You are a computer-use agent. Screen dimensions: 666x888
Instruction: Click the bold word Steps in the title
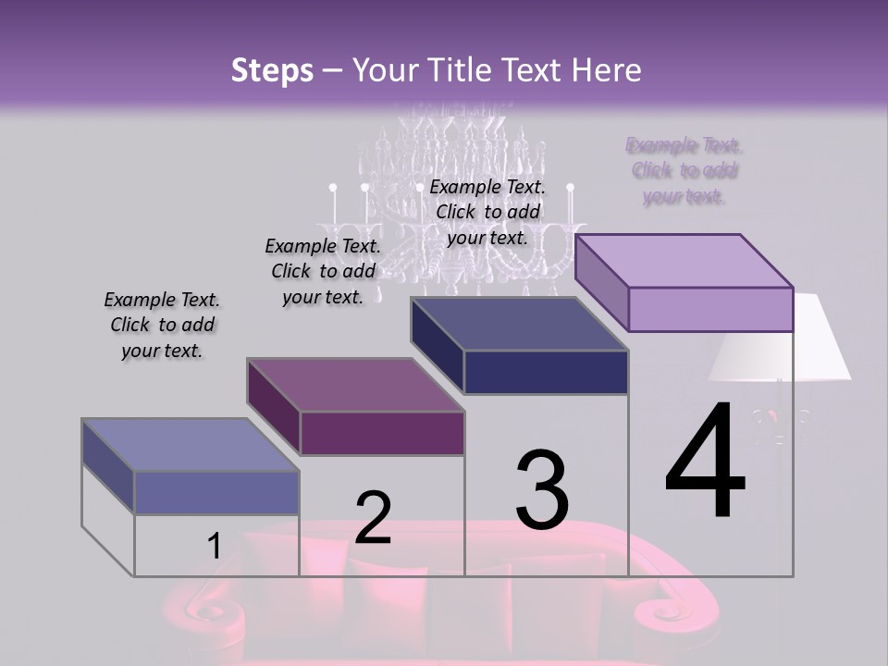click(x=272, y=70)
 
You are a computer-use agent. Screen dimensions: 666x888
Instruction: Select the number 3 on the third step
click(x=542, y=490)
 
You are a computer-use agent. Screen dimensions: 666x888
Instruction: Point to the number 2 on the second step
click(x=373, y=518)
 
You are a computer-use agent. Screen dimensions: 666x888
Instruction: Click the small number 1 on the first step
click(x=214, y=546)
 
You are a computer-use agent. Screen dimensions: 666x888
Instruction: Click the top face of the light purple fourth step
click(x=684, y=260)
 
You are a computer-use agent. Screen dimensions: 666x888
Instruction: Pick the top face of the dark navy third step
click(x=520, y=324)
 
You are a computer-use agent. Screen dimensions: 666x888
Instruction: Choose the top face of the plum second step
click(x=355, y=385)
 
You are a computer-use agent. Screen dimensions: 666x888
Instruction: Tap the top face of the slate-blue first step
click(x=191, y=445)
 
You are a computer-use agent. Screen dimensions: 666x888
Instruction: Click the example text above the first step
click(x=162, y=325)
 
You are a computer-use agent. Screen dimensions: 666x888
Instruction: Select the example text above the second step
click(x=323, y=271)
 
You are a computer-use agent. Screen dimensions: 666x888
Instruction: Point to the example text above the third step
click(x=487, y=212)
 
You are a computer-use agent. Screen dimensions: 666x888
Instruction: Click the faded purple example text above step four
click(x=684, y=170)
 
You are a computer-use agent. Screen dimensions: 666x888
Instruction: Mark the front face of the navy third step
click(x=546, y=373)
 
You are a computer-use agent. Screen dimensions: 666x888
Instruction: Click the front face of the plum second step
click(x=382, y=433)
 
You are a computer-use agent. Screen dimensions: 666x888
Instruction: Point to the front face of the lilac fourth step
click(x=710, y=309)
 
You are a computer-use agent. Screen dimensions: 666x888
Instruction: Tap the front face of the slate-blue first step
click(x=216, y=492)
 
